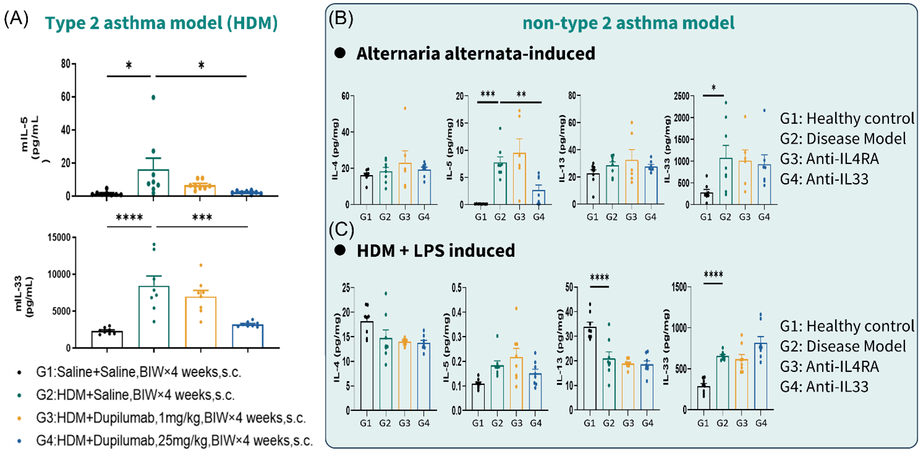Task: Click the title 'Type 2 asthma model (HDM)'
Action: pos(161,23)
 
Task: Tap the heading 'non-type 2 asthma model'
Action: pos(628,23)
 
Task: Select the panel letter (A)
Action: pos(16,19)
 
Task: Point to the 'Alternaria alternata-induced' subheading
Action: pos(476,53)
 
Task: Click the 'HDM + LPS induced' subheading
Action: pos(436,250)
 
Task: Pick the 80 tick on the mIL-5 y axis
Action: pos(66,64)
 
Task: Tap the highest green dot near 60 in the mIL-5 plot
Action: pos(153,97)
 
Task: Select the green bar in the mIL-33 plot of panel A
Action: pos(154,317)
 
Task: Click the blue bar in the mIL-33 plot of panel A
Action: pos(247,336)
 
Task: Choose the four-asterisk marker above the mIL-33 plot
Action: pos(129,217)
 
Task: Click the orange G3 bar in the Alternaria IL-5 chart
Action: pos(519,179)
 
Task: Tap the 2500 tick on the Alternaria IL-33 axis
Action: pos(681,96)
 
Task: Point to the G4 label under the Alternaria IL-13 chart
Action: pos(650,217)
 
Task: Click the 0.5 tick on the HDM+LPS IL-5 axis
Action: pos(456,287)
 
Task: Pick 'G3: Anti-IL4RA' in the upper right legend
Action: pos(830,159)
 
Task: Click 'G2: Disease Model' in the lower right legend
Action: pos(843,346)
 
